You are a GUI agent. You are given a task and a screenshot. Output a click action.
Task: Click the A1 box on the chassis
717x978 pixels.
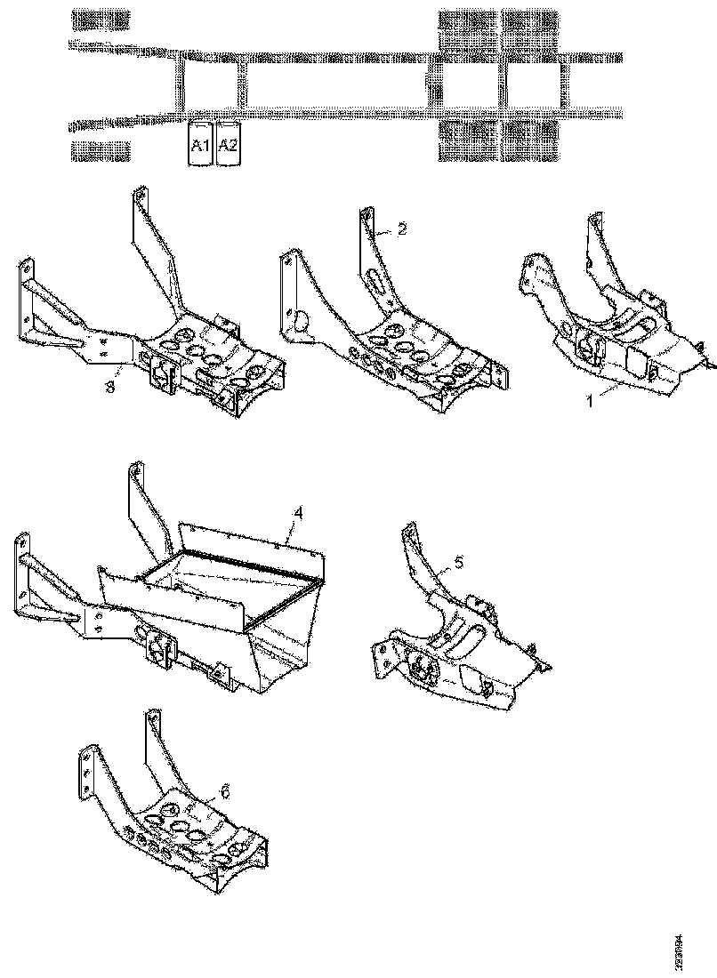coord(199,145)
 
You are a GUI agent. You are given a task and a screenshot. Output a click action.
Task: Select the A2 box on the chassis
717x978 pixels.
coord(228,145)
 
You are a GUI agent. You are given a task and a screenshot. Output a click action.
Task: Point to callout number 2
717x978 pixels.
coord(402,229)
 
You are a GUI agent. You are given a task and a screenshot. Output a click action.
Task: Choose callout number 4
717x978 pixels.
coord(299,513)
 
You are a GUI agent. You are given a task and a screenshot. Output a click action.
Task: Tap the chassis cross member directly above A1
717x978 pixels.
coord(184,84)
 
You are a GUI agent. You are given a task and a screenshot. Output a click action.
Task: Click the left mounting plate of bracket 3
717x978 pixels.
coord(26,302)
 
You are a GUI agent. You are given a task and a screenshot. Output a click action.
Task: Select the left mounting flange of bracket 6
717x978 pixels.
coord(86,774)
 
